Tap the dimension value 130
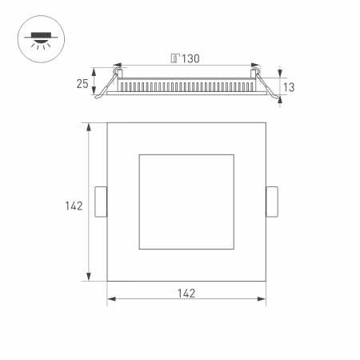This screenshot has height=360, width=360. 190,58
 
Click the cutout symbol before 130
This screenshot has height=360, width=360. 174,58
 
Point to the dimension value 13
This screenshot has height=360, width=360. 290,86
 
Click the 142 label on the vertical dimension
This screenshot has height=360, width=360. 74,206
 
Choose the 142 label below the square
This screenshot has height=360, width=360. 186,292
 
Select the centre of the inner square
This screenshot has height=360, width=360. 186,202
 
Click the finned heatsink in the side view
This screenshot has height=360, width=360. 187,85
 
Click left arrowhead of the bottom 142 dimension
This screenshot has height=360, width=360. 110,300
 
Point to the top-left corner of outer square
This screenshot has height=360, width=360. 107,122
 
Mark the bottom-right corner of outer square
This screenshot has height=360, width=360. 266,281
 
